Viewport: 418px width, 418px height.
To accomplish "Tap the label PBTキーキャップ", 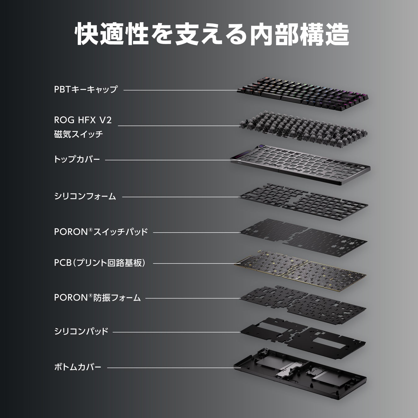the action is point(86,89).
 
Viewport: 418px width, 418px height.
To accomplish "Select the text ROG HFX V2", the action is point(83,120).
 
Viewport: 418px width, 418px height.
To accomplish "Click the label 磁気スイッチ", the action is point(78,134).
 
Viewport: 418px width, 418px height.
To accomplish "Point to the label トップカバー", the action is point(77,159).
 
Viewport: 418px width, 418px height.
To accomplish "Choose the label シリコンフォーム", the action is point(85,196).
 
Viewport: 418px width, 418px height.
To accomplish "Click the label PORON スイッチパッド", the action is point(101,232).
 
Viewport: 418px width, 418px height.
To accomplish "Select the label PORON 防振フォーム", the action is point(97,298).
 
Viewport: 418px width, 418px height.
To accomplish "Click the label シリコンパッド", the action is point(81,331).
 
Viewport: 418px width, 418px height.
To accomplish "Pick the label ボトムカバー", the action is point(77,367).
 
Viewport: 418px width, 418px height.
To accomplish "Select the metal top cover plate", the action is point(300,164).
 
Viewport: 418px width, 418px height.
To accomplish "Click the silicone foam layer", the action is point(303,200).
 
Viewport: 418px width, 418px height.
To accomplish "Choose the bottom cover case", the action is point(300,372).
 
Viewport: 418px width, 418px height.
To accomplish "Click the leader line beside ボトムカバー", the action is point(170,368).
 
